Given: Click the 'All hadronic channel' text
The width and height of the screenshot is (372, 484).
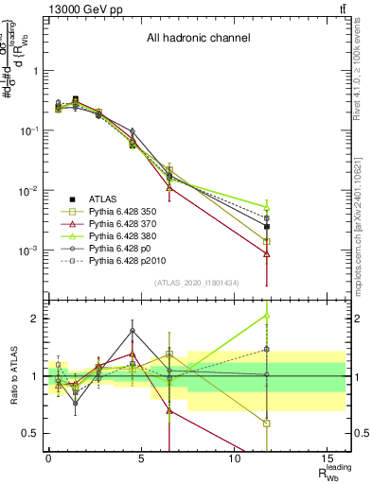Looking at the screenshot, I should point(197,39).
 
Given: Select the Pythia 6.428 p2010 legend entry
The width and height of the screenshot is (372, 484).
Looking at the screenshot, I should point(133,270).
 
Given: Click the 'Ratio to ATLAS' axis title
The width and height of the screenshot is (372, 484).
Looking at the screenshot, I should point(12,376).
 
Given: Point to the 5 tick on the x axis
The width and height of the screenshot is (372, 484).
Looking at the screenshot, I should point(140,463).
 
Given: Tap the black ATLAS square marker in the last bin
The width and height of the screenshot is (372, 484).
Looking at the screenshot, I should point(267,227).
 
